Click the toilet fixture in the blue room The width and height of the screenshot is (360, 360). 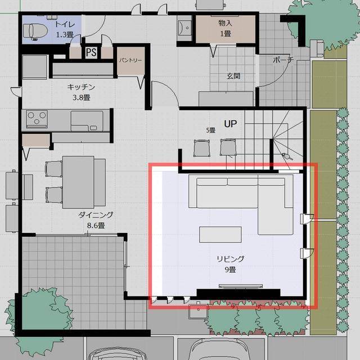pyautogui.click(x=35, y=31)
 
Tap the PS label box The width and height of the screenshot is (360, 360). pyautogui.click(x=91, y=52)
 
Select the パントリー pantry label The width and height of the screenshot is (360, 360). pyautogui.click(x=130, y=60)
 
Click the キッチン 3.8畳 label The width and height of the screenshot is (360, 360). pyautogui.click(x=81, y=92)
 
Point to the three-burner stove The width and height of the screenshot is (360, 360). pyautogui.click(x=37, y=119)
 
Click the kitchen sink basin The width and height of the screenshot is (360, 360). pyautogui.click(x=87, y=120)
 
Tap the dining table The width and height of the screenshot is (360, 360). pyautogui.click(x=78, y=182)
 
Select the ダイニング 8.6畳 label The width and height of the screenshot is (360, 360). pyautogui.click(x=96, y=220)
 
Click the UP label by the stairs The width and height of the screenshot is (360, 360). pyautogui.click(x=230, y=124)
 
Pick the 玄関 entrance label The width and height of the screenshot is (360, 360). pyautogui.click(x=233, y=76)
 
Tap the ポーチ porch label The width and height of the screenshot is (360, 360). pyautogui.click(x=283, y=60)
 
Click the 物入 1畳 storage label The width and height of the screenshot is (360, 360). pyautogui.click(x=225, y=28)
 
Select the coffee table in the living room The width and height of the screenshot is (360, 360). pyautogui.click(x=220, y=235)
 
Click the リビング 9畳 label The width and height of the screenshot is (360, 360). pyautogui.click(x=230, y=264)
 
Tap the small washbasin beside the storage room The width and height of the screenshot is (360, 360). pyautogui.click(x=184, y=28)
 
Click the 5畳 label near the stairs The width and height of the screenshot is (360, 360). pyautogui.click(x=210, y=130)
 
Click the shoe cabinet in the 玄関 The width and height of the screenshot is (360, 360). pyautogui.click(x=226, y=99)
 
